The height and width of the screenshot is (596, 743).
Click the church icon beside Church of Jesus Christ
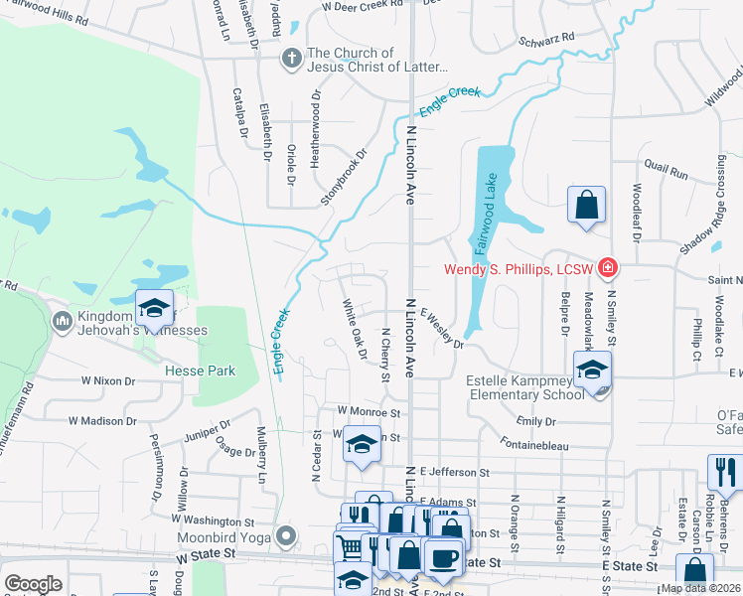click(292, 59)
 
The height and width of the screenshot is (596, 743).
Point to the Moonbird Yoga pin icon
click(287, 537)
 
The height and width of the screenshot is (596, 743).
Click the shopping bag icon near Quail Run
click(586, 205)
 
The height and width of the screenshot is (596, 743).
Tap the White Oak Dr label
click(355, 330)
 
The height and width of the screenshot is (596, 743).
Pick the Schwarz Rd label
click(547, 40)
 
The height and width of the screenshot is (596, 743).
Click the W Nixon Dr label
click(107, 380)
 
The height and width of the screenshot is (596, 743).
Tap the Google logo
click(33, 583)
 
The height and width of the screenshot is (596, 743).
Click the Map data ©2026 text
click(701, 588)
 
